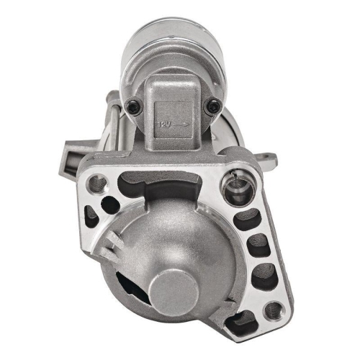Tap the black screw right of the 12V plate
click(x=212, y=107)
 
